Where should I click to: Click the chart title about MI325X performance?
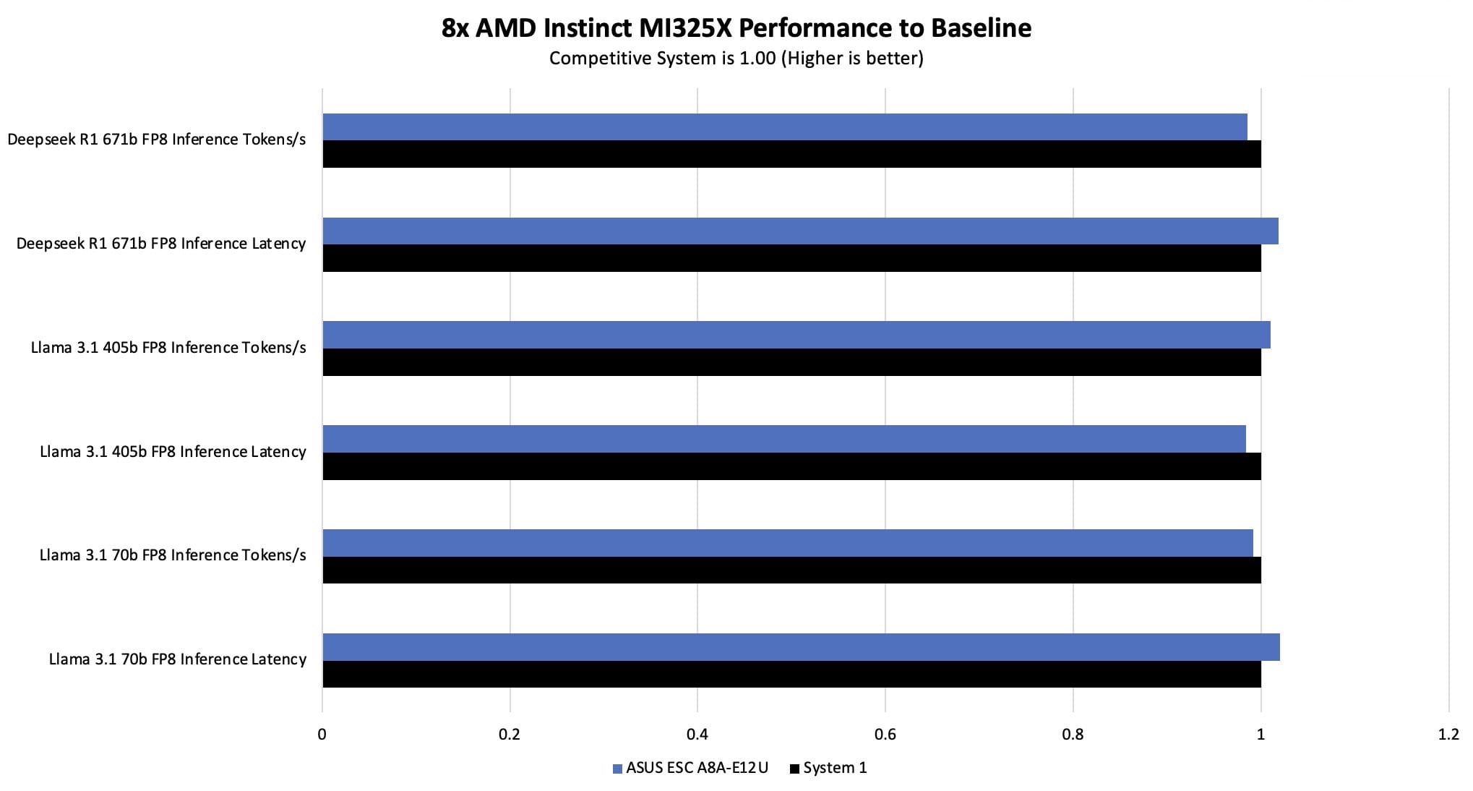tap(736, 27)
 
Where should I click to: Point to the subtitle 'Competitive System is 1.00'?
tap(736, 58)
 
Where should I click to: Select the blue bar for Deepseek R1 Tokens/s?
tap(784, 127)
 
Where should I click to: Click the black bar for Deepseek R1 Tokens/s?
tap(791, 154)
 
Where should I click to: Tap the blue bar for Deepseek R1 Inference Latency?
tap(800, 231)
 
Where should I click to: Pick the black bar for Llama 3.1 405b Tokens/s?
tap(791, 362)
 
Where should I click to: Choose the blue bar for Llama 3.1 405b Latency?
tap(783, 439)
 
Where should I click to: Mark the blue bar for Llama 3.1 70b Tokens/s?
tap(787, 542)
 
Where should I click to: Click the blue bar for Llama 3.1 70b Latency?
tap(801, 646)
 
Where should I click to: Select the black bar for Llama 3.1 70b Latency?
tap(791, 674)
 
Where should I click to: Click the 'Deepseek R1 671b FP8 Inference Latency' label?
tap(161, 244)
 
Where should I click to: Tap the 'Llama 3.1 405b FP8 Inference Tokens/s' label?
tap(168, 348)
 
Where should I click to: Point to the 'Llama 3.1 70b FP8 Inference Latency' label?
tap(178, 659)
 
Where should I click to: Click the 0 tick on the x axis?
tap(322, 735)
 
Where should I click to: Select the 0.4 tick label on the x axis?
tap(697, 735)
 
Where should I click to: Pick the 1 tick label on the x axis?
tap(1261, 735)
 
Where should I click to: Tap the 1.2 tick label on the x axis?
tap(1448, 735)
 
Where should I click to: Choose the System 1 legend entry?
tap(828, 769)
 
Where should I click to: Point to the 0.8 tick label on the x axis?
tap(1073, 735)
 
